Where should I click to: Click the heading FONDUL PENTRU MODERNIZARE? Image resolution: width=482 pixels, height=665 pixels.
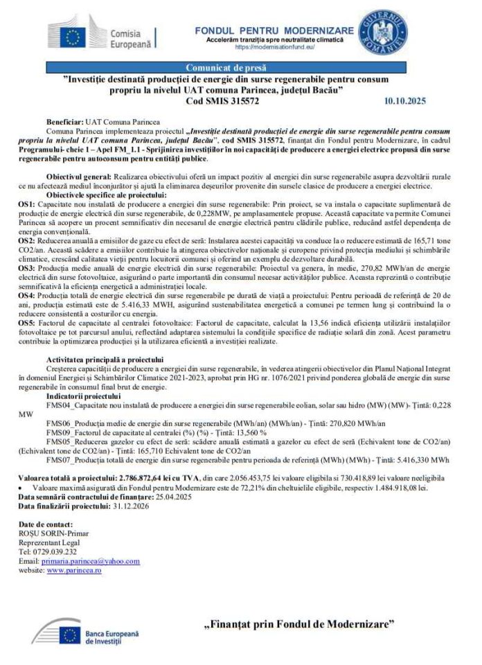click(274, 30)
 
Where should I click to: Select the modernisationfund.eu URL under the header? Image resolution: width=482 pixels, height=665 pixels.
click(275, 47)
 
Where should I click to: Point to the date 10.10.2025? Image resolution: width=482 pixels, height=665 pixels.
click(404, 100)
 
